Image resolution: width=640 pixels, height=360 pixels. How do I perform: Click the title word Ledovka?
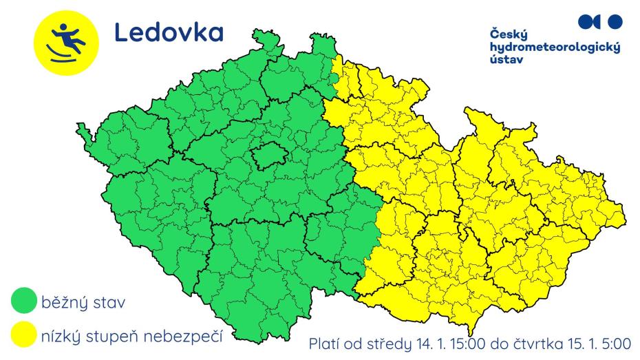pos(168,32)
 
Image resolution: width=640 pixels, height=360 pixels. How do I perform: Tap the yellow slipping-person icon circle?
pos(61,40)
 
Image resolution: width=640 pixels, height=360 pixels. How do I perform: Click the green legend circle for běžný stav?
pos(25,302)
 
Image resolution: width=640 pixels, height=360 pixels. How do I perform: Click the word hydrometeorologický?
pos(555,47)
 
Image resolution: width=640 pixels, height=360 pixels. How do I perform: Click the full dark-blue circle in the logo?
pos(616,21)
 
